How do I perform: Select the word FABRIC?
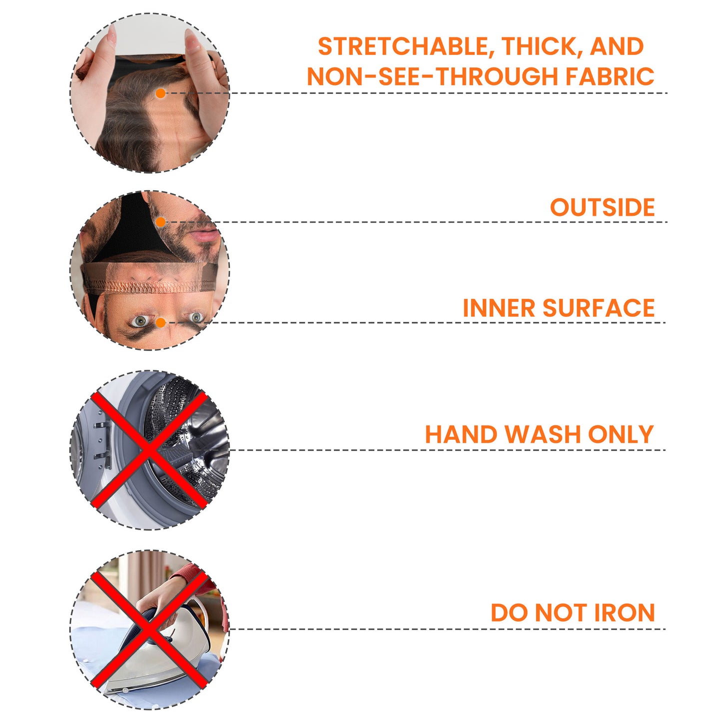pos(610,76)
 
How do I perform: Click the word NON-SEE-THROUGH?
pos(433,76)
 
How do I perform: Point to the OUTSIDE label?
pos(602,207)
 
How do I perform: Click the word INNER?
pos(499,308)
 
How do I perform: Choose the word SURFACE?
pos(599,308)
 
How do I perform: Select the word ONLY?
pos(621,435)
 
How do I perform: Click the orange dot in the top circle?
pos(160,93)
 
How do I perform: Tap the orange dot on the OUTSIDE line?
pos(160,222)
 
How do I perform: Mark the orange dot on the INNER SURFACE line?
pos(160,323)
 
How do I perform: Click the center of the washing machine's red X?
pos(149,450)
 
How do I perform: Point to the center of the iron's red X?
pos(149,630)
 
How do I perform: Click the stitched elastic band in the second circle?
pos(150,287)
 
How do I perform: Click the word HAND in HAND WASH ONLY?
pos(461,435)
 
